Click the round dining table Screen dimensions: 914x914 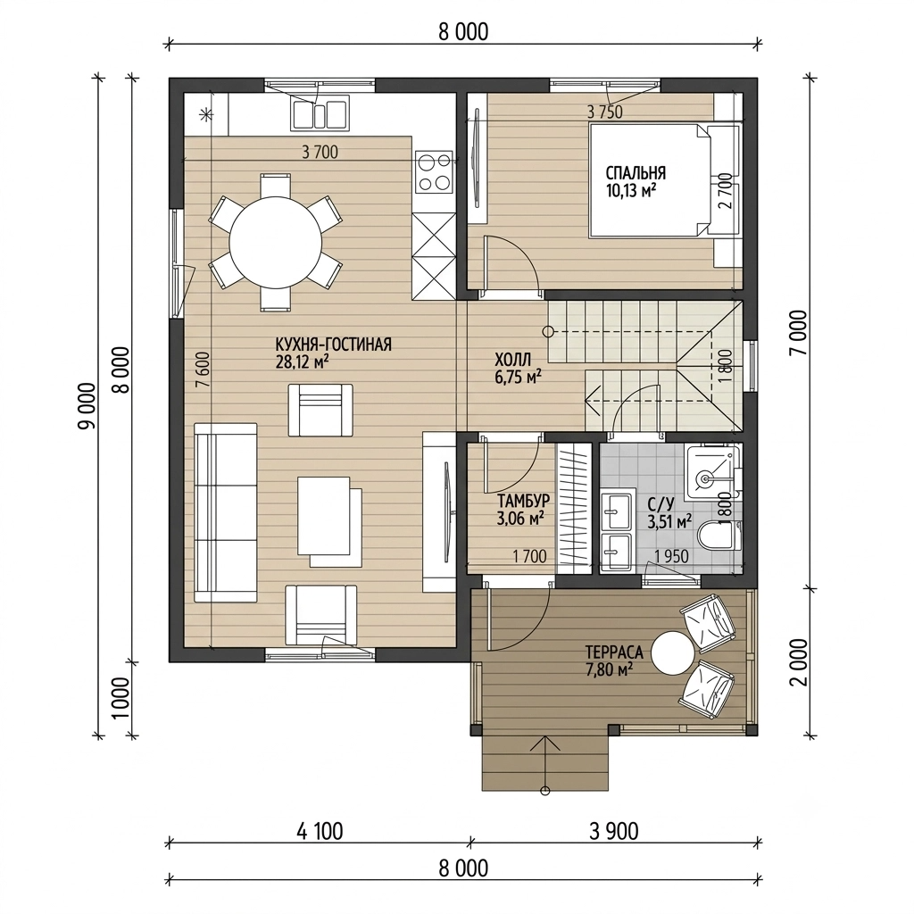[x=275, y=243]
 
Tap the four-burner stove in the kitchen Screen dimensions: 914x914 [x=435, y=172]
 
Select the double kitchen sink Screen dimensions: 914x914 [x=320, y=114]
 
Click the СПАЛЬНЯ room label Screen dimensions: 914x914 [x=636, y=172]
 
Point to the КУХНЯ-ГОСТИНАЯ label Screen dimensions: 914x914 [x=334, y=344]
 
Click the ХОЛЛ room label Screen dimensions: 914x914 [x=513, y=358]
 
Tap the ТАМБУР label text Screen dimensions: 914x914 [x=523, y=501]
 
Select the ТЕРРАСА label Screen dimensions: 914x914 [x=614, y=651]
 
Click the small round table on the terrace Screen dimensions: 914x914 [x=673, y=652]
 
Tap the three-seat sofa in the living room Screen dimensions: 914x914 [x=226, y=511]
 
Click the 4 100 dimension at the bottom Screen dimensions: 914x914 [x=320, y=831]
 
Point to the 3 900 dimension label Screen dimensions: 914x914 [x=614, y=831]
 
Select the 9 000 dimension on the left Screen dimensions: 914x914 [x=87, y=406]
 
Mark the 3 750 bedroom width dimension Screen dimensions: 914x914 [x=605, y=112]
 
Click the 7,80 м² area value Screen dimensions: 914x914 [x=609, y=669]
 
